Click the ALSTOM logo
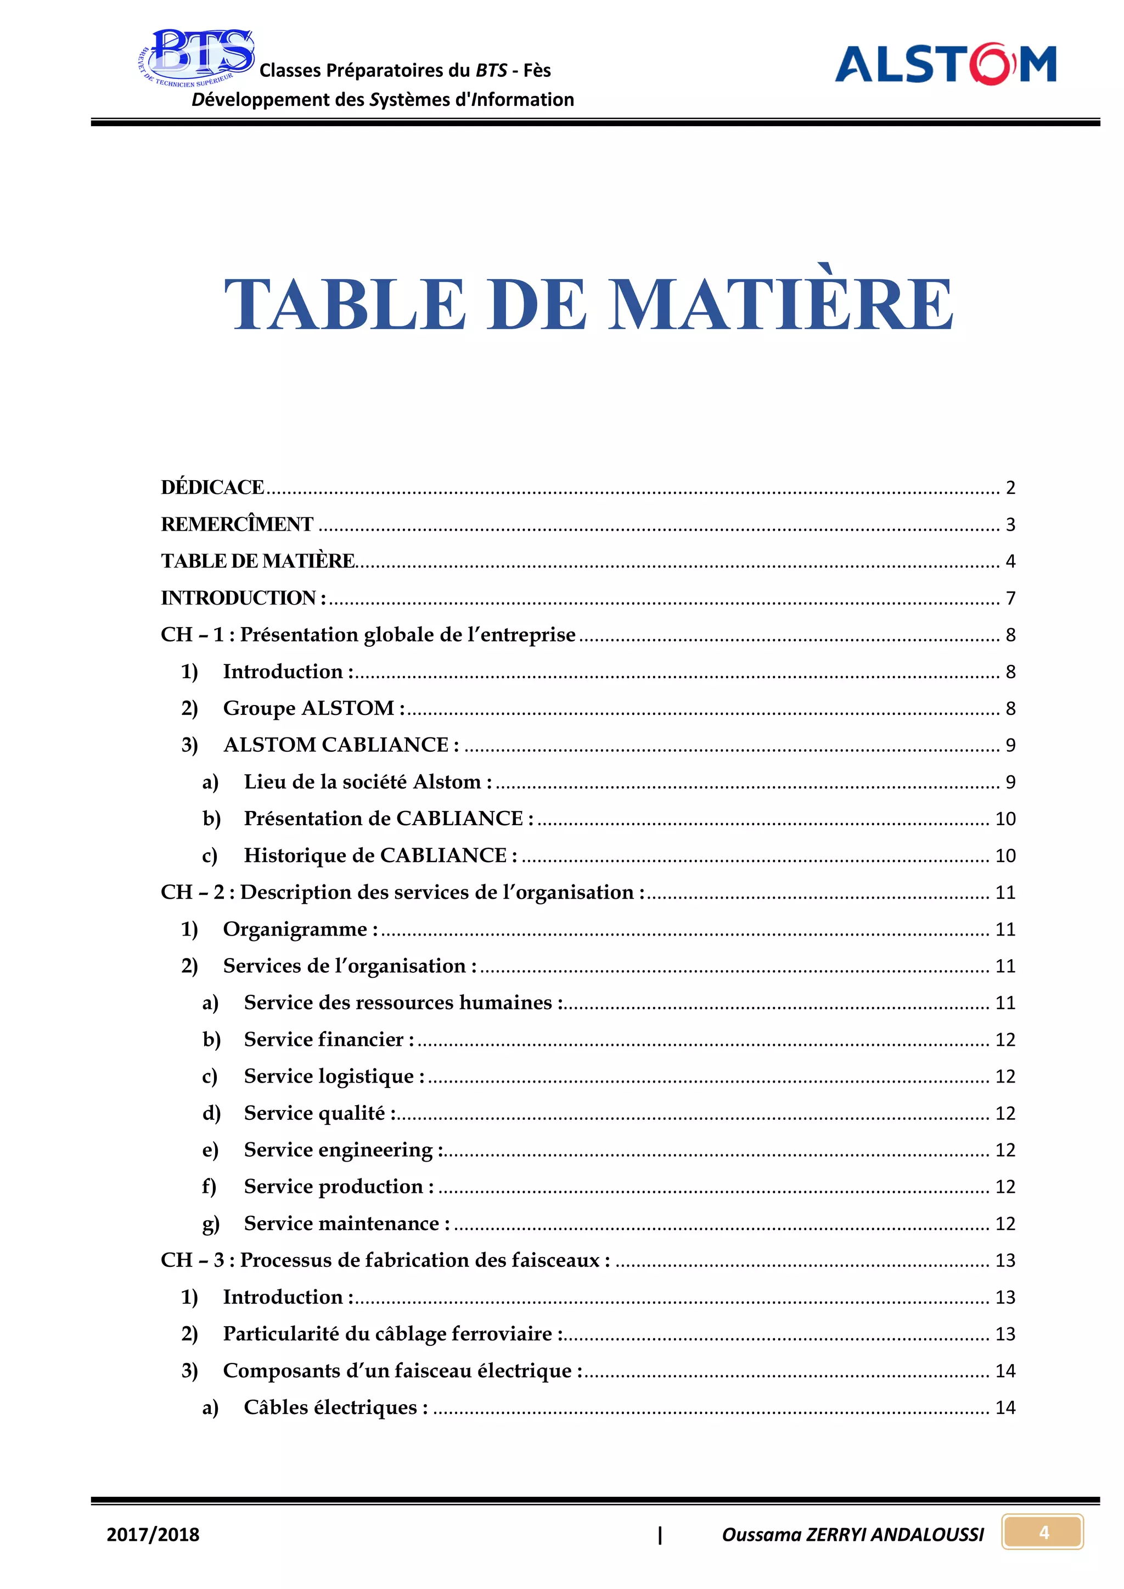click(x=946, y=64)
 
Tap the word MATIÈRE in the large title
click(x=781, y=305)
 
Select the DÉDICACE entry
click(x=212, y=488)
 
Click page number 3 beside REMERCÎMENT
click(x=1010, y=525)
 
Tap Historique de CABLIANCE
click(x=380, y=856)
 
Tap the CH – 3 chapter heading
click(x=385, y=1260)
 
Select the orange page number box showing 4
click(x=1043, y=1532)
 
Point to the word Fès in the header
click(x=537, y=71)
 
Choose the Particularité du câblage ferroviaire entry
click(x=392, y=1334)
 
